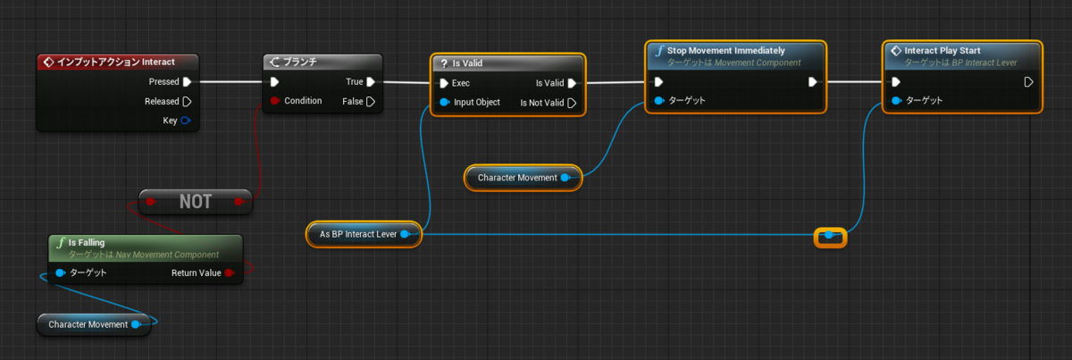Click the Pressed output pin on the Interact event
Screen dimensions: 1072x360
187,82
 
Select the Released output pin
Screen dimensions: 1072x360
187,102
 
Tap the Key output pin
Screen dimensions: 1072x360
185,121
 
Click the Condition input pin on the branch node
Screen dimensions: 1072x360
275,101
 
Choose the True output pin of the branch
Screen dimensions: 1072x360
371,82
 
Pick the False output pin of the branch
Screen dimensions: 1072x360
371,102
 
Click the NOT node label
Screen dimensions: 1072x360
196,202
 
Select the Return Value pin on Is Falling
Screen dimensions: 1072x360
230,272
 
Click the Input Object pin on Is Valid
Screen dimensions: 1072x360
444,102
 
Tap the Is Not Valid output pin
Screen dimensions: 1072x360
572,103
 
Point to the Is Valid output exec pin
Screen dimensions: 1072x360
572,83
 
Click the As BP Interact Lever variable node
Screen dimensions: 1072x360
364,234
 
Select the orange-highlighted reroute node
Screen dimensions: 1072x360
830,236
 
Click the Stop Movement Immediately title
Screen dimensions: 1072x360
726,50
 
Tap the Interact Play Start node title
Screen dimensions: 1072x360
942,50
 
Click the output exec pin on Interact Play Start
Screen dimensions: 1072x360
1028,82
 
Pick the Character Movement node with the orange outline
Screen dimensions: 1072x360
523,178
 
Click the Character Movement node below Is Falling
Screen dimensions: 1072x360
94,324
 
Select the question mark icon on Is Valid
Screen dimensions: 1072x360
444,63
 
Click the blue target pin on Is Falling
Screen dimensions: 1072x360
61,272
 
